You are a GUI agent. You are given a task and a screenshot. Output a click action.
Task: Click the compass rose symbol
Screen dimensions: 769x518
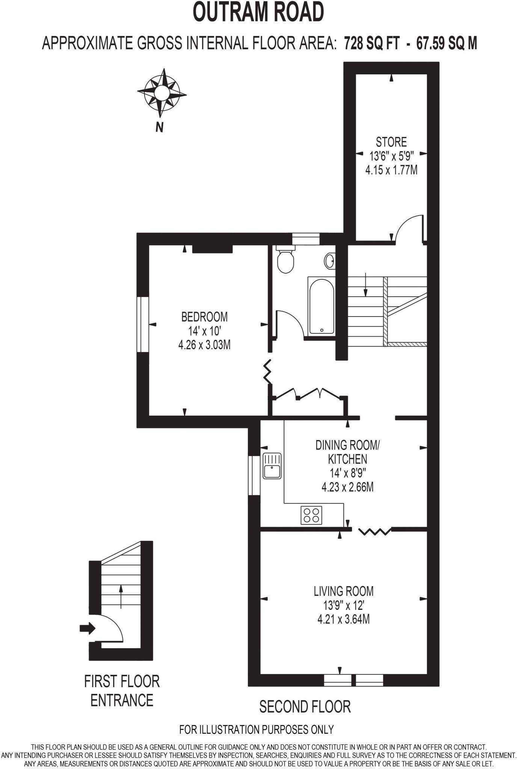(162, 92)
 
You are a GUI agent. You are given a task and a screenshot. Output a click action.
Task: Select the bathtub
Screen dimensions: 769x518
(322, 306)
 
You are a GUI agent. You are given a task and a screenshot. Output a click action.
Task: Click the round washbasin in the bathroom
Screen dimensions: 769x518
(330, 261)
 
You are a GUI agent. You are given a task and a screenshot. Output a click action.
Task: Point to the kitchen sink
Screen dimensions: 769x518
(272, 466)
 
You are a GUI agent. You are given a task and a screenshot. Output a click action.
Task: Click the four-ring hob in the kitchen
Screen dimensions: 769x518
(311, 515)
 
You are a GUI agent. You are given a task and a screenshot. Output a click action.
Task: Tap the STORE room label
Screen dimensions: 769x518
(391, 142)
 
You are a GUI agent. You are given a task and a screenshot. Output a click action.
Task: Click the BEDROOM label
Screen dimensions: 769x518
(204, 317)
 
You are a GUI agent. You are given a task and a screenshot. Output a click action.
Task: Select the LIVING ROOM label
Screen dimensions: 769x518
(343, 591)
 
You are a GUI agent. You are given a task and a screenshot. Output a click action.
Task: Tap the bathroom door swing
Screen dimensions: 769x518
(290, 323)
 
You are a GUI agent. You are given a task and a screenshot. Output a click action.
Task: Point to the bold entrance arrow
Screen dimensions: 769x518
(88, 628)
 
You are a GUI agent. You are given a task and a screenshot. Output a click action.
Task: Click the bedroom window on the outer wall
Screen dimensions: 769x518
(143, 324)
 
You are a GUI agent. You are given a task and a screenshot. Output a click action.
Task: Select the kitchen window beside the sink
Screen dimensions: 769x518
(254, 475)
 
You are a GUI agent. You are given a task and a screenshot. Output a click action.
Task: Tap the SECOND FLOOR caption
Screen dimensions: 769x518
(305, 707)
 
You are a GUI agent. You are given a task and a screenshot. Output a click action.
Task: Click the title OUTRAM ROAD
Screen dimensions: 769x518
(258, 12)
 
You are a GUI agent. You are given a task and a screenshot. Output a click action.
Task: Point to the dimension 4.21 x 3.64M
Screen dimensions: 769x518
(343, 619)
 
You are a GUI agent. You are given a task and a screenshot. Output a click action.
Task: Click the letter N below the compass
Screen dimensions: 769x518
(160, 128)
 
